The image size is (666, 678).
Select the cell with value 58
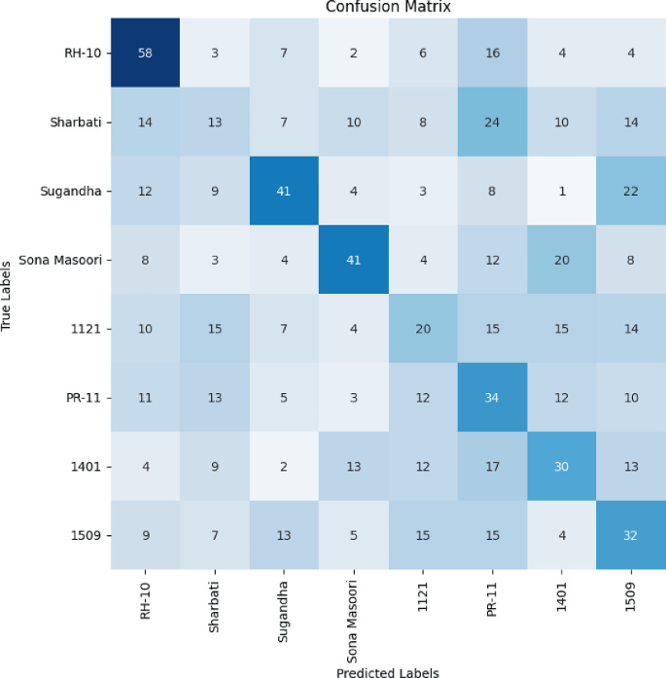(x=145, y=53)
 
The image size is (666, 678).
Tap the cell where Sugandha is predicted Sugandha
(x=283, y=192)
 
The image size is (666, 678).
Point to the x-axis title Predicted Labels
(x=387, y=670)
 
